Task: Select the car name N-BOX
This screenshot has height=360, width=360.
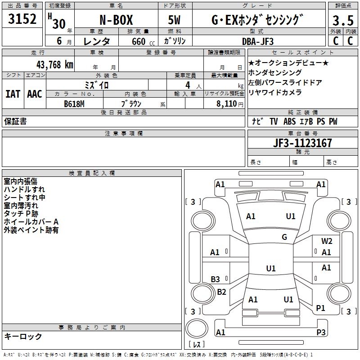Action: click(117, 20)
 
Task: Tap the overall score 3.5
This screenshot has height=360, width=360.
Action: click(342, 21)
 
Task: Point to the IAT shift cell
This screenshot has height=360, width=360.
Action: click(13, 94)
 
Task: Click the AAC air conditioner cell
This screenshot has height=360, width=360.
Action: click(34, 94)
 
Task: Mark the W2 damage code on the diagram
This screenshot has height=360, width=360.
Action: click(327, 241)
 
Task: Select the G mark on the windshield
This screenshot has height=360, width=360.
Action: click(284, 237)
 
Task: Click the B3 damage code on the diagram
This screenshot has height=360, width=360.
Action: click(216, 279)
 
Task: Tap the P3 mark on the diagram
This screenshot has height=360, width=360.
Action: click(321, 333)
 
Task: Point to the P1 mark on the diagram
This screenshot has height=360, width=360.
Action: click(320, 308)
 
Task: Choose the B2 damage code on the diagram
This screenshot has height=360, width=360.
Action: click(221, 292)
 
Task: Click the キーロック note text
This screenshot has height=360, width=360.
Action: click(23, 337)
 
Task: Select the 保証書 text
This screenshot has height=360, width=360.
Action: click(15, 121)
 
